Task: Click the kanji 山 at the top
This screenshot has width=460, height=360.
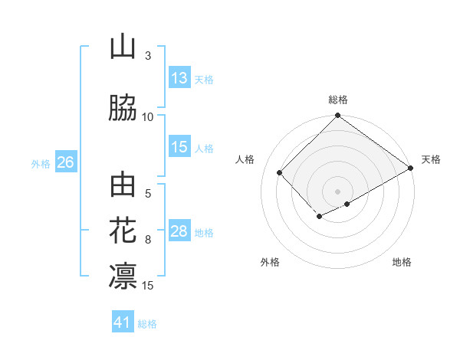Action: pyautogui.click(x=123, y=47)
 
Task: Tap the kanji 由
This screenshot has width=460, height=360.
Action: pyautogui.click(x=123, y=186)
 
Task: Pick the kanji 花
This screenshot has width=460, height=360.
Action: pyautogui.click(x=123, y=230)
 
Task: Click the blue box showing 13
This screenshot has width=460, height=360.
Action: pyautogui.click(x=179, y=78)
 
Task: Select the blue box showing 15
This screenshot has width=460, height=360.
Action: pyautogui.click(x=179, y=148)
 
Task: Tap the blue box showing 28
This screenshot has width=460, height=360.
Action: pyautogui.click(x=179, y=231)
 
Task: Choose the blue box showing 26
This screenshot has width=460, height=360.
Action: pyautogui.click(x=65, y=162)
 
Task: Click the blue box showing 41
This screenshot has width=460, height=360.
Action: pyautogui.click(x=123, y=322)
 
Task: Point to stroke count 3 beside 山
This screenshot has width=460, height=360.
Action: pyautogui.click(x=148, y=56)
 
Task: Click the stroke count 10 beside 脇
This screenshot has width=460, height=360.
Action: pyautogui.click(x=148, y=116)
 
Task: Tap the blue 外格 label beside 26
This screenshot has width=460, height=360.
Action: pyautogui.click(x=41, y=163)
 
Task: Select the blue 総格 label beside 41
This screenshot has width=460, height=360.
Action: pyautogui.click(x=147, y=323)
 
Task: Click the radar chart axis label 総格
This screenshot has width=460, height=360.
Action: pyautogui.click(x=337, y=100)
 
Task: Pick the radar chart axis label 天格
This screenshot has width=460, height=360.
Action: pyautogui.click(x=431, y=159)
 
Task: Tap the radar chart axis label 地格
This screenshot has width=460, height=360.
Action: pyautogui.click(x=402, y=262)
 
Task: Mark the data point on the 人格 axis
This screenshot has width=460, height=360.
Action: pyautogui.click(x=280, y=172)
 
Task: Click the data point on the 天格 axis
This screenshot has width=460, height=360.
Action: pyautogui.click(x=411, y=168)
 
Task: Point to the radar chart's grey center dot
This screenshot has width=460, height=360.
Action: pyautogui.click(x=337, y=191)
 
